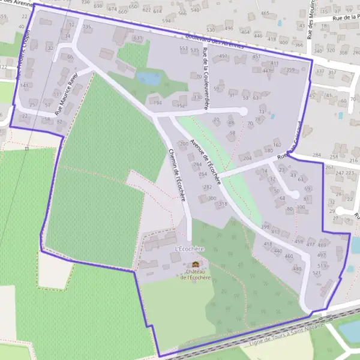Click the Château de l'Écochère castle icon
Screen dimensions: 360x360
tap(196, 264)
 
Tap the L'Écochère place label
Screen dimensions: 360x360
tap(189, 249)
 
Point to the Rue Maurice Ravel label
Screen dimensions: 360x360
tap(67, 94)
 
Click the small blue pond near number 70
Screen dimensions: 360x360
tap(149, 78)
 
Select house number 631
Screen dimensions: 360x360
tap(138, 38)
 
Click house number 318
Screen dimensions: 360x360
tap(223, 205)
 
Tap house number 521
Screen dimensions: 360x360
tap(317, 273)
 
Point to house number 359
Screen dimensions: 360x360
tap(291, 70)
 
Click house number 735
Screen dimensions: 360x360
tap(87, 27)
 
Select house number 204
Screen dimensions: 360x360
tap(246, 158)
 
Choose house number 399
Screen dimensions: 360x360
tap(265, 227)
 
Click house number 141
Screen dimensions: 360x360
tap(24, 86)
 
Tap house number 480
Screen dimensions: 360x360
tap(296, 269)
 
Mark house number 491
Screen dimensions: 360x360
tap(224, 56)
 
